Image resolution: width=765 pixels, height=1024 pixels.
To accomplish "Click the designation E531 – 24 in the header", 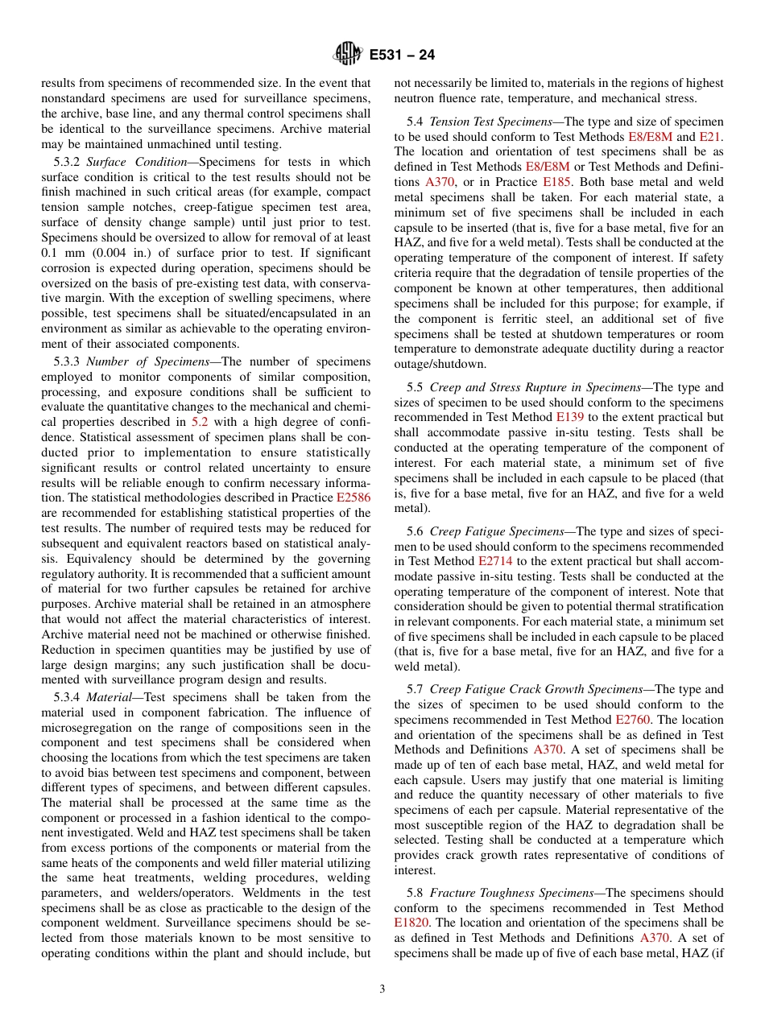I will coord(402,56).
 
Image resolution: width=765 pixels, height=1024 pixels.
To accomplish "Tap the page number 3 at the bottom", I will coord(382,989).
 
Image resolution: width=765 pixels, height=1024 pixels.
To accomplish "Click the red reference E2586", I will coord(353,498).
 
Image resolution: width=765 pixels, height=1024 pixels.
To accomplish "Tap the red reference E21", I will coord(710,137).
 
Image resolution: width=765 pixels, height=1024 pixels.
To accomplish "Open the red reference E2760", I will coord(634,720).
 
